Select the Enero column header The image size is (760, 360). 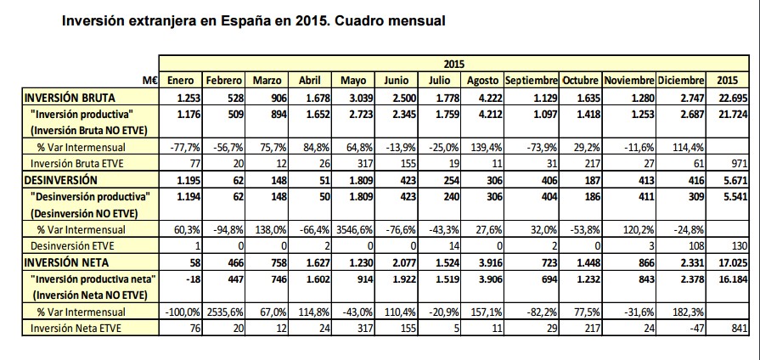point(180,80)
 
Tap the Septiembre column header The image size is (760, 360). point(531,80)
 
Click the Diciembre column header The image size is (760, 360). point(682,80)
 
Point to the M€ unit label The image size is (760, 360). point(151,80)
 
